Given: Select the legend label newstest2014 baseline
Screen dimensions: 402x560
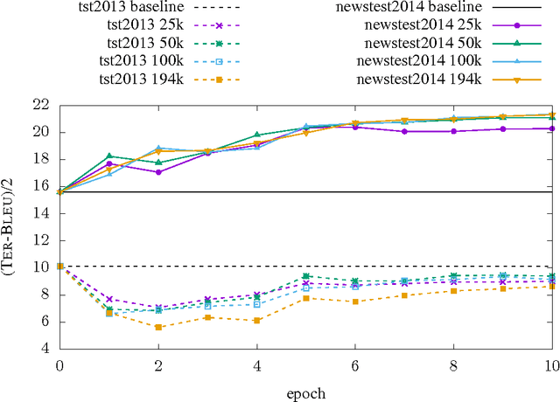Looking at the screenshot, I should (x=408, y=8).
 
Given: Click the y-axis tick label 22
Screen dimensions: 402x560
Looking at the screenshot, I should (x=40, y=105).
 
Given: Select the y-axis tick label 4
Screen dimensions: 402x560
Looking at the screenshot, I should (x=44, y=349).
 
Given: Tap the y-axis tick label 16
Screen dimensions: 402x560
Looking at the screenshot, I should (x=40, y=186).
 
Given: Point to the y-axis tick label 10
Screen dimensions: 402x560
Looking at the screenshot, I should (x=40, y=267).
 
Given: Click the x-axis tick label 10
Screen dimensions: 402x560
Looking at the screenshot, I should (x=552, y=364).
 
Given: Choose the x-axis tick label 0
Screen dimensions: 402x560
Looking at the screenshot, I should (x=59, y=364).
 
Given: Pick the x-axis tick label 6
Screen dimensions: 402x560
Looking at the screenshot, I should (x=355, y=364).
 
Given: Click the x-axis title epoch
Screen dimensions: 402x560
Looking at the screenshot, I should (x=305, y=392).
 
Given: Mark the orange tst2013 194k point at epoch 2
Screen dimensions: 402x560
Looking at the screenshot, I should (x=158, y=327).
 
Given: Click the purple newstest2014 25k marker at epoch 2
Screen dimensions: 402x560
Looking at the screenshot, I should (x=158, y=172).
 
